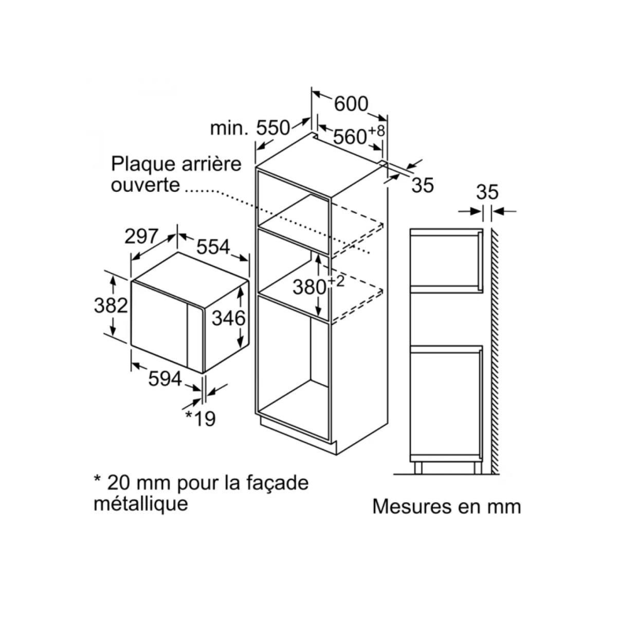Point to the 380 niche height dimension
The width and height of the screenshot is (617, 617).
(x=310, y=286)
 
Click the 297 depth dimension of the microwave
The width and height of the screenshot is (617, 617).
(x=141, y=236)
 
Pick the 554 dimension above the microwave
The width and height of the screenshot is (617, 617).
(x=213, y=247)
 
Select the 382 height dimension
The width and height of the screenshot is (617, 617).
(x=111, y=305)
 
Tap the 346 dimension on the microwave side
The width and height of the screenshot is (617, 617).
(x=228, y=318)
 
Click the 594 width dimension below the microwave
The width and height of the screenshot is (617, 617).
(x=165, y=379)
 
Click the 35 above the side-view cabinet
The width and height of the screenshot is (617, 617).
(x=487, y=192)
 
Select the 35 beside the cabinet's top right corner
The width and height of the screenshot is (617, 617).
(x=423, y=185)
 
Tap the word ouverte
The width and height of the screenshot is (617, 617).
(x=146, y=184)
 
